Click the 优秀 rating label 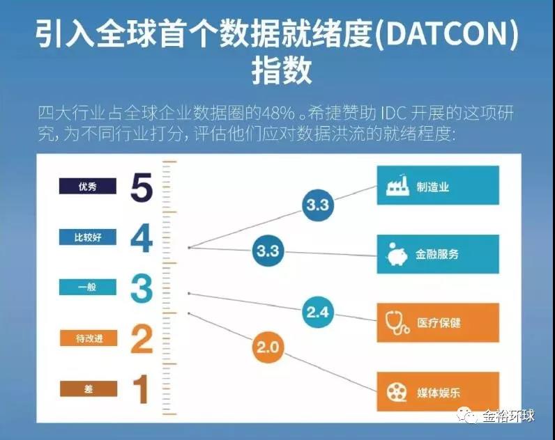click(x=87, y=186)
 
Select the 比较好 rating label click(x=87, y=237)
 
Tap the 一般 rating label click(x=87, y=287)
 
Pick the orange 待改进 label click(x=89, y=338)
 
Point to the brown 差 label click(x=89, y=388)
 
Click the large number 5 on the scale click(x=142, y=187)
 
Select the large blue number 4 click(x=142, y=238)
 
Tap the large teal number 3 click(x=142, y=289)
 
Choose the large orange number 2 click(x=142, y=339)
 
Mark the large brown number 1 click(x=142, y=388)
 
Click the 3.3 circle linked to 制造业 click(x=318, y=205)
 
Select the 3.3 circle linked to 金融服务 click(x=268, y=251)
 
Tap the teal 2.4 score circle click(x=318, y=312)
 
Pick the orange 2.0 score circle click(x=268, y=347)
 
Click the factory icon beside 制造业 click(x=397, y=185)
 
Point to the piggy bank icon click(x=397, y=253)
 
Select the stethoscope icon click(x=397, y=322)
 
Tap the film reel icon click(x=397, y=392)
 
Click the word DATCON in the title click(x=446, y=34)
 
